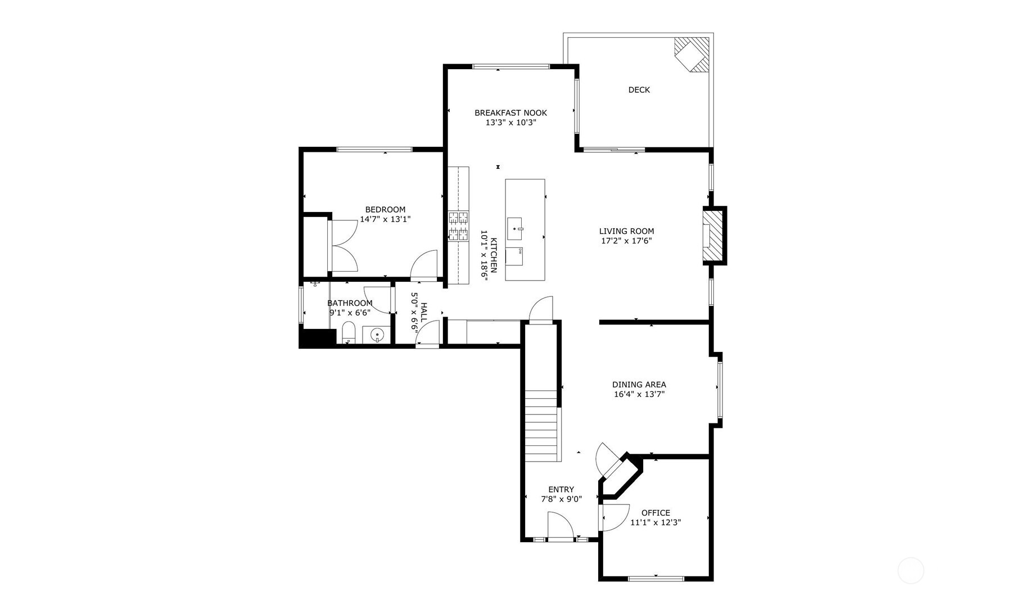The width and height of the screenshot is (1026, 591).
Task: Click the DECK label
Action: (639, 90)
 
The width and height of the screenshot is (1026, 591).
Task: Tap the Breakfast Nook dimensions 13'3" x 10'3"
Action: (510, 123)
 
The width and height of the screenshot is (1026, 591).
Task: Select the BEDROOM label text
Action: (385, 210)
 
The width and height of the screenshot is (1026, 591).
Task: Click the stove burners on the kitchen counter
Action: (458, 226)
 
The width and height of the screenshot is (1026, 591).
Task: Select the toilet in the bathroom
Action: (349, 332)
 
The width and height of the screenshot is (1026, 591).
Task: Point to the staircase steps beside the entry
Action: (543, 426)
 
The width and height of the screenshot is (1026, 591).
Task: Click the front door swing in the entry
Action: (561, 525)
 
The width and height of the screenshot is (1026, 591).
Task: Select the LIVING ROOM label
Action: (626, 231)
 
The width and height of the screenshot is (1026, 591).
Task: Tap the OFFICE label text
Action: (656, 513)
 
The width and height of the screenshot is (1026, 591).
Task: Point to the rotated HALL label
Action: (423, 312)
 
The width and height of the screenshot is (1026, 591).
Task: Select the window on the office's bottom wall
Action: (656, 578)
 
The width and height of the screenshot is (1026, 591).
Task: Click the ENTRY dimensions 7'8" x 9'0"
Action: (561, 499)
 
